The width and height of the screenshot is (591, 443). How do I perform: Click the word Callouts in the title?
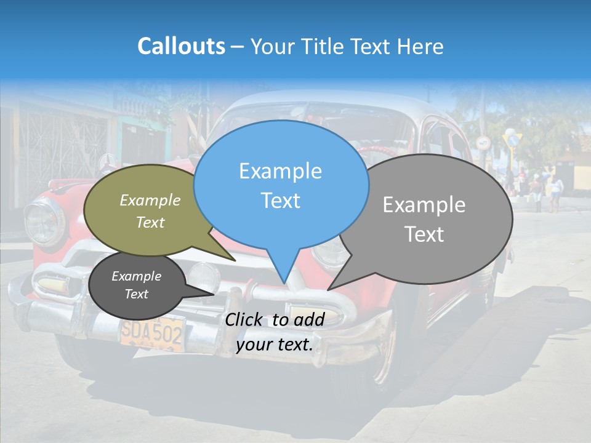181,47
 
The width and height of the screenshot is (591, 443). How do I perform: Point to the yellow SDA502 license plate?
151,333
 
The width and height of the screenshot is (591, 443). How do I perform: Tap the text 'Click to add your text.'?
275,332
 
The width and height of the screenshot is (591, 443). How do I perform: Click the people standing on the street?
545,188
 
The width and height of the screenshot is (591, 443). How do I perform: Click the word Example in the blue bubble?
280,171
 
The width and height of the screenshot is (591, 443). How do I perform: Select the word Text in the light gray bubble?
424,234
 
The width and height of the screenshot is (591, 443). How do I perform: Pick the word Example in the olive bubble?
150,201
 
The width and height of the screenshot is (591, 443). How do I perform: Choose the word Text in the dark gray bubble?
137,294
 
